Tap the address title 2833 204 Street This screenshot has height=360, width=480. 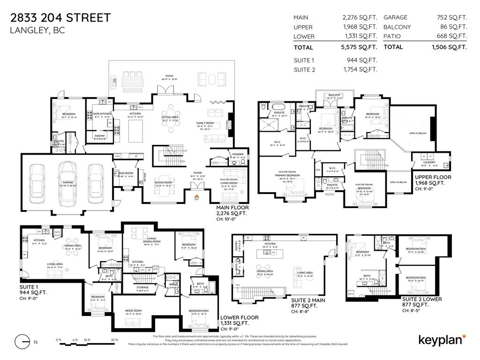[x=60, y=18]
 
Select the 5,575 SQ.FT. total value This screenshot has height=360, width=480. [x=360, y=47]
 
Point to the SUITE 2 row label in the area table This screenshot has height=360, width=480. [x=304, y=70]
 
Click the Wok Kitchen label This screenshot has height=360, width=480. [x=99, y=113]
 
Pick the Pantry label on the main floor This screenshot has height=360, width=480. [x=99, y=136]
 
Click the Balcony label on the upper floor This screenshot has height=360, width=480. [x=334, y=95]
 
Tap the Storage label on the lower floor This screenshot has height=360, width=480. [x=142, y=287]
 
